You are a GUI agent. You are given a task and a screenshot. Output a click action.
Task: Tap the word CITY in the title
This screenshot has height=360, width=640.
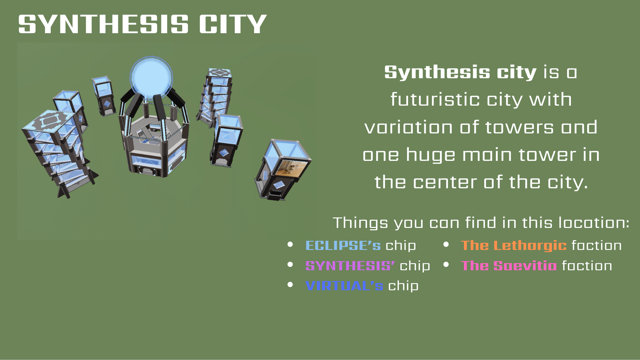coord(233,24)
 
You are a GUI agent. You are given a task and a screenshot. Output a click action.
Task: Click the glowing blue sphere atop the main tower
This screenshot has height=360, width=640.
coord(151,78)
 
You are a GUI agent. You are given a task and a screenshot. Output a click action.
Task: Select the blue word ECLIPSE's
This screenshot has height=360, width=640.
coord(343,245)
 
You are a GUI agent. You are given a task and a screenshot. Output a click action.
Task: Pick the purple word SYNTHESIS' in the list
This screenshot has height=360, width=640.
coord(350,266)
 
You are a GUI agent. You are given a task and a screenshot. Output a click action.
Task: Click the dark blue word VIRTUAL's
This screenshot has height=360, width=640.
coord(344,286)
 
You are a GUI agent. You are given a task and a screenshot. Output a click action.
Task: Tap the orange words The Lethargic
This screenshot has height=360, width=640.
coord(514,246)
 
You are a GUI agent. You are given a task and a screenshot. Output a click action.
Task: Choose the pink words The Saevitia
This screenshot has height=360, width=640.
coord(509,266)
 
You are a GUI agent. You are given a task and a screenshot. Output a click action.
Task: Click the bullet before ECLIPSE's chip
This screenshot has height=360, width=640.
coord(290,244)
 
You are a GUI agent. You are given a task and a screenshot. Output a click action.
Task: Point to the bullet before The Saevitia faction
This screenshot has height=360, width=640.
coord(446,264)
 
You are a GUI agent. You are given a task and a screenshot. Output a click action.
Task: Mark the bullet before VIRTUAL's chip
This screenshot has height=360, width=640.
coord(290,285)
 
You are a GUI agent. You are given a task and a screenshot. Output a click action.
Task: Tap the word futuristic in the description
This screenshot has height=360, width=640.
coord(435,100)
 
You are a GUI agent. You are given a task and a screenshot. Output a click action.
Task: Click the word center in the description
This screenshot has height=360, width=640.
coord(445,182)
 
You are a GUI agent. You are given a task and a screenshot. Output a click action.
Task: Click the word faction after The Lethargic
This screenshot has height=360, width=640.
coord(597,245)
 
